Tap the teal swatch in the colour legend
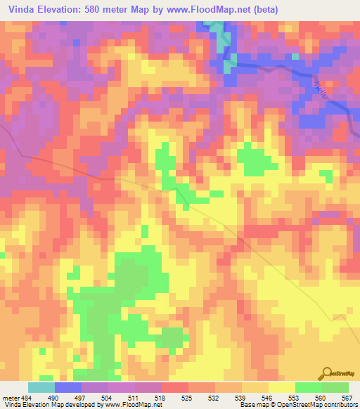coord(41,387)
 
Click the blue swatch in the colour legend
coord(68,387)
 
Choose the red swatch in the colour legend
coord(175,387)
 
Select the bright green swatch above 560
coord(308,387)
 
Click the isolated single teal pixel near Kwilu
coord(295,56)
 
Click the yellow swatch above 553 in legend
coord(281,387)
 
